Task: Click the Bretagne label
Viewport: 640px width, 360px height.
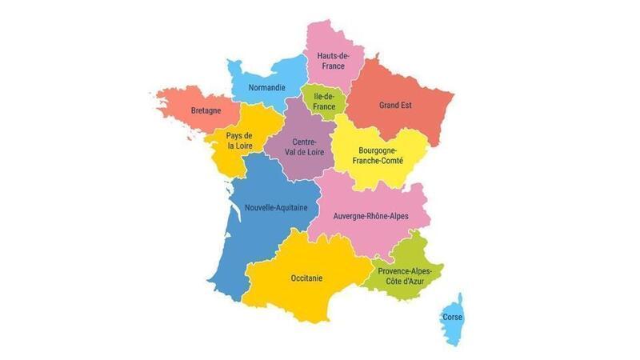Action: [206, 110]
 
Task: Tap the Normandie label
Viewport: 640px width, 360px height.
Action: [266, 87]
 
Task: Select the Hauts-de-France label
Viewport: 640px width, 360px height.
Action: [330, 61]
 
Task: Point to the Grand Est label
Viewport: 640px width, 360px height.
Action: [395, 105]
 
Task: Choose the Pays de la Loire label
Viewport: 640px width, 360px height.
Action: [240, 141]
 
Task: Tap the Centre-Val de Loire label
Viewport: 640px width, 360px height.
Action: [298, 147]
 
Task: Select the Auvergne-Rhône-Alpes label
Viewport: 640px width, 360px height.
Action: [370, 216]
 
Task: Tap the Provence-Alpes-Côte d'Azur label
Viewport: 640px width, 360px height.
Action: [405, 276]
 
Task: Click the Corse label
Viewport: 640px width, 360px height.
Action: [452, 317]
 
